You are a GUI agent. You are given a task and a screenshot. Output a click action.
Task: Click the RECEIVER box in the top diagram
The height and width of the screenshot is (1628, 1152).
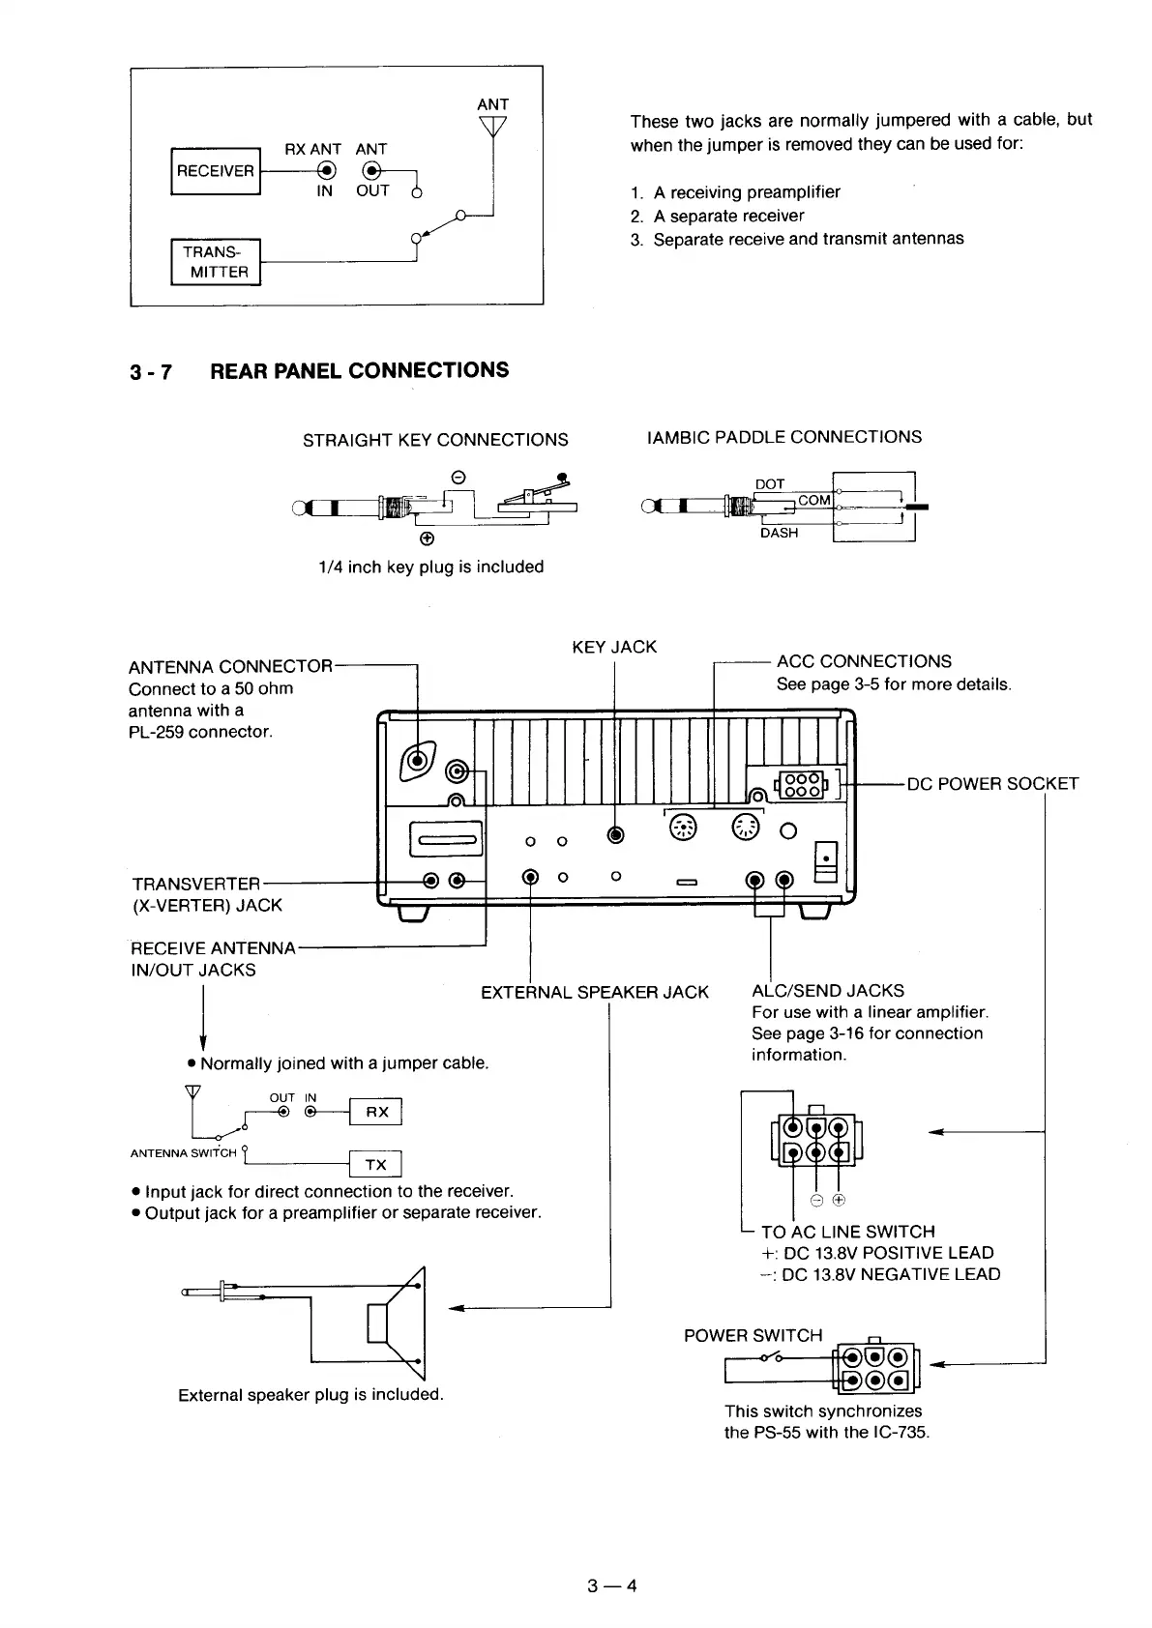click(x=215, y=171)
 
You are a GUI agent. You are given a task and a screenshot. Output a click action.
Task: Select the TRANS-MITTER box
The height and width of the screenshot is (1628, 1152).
click(x=216, y=262)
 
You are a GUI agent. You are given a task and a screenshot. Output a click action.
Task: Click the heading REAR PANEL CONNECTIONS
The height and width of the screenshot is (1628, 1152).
click(x=359, y=370)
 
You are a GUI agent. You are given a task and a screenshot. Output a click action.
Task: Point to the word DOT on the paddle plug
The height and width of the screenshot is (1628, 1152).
click(x=770, y=484)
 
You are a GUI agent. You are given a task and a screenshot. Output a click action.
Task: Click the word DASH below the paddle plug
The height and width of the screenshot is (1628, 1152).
click(x=779, y=533)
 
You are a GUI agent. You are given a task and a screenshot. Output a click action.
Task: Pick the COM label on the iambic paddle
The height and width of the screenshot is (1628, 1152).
click(x=814, y=500)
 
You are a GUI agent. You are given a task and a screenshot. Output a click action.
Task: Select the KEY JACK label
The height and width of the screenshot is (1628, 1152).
click(x=614, y=647)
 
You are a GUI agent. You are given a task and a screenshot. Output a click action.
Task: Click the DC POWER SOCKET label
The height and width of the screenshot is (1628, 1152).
click(x=992, y=784)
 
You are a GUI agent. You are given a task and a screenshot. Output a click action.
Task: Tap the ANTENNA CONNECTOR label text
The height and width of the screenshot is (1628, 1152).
click(x=230, y=667)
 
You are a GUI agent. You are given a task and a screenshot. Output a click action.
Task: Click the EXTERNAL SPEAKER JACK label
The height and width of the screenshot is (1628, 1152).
click(x=594, y=992)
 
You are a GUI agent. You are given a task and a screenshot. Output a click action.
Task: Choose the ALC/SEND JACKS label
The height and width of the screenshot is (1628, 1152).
click(x=827, y=990)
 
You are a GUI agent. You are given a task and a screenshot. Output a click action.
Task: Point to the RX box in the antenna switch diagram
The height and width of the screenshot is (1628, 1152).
click(x=376, y=1112)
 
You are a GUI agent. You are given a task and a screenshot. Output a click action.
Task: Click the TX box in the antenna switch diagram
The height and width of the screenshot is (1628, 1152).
click(x=375, y=1164)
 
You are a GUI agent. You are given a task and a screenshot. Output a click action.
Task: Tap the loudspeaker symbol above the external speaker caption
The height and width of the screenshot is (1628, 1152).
click(x=397, y=1322)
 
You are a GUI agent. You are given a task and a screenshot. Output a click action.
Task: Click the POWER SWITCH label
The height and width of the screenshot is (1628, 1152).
click(x=753, y=1335)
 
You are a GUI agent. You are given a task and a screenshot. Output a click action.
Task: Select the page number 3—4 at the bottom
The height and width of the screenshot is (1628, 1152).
click(x=611, y=1585)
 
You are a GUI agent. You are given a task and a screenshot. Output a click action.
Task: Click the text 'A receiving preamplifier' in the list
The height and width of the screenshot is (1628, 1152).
click(x=747, y=191)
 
